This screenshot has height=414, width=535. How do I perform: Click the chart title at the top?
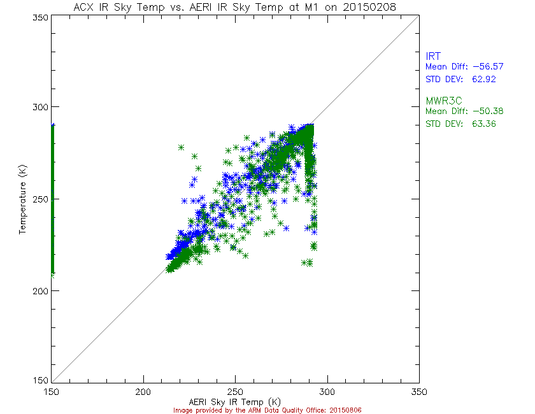point(234,7)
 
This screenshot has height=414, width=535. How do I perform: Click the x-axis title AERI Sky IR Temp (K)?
point(234,401)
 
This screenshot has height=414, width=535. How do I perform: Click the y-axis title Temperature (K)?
point(23,199)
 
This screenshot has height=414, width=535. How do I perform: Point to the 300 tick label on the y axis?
point(40,107)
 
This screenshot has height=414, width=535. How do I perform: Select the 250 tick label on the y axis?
point(40,199)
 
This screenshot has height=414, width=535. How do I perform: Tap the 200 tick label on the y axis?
point(40,290)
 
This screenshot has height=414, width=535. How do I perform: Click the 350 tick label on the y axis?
point(40,18)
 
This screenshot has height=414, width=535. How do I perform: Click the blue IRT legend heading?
point(433,56)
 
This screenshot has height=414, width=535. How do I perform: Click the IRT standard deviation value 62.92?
point(482,80)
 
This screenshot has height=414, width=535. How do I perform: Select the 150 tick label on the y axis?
point(40,381)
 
